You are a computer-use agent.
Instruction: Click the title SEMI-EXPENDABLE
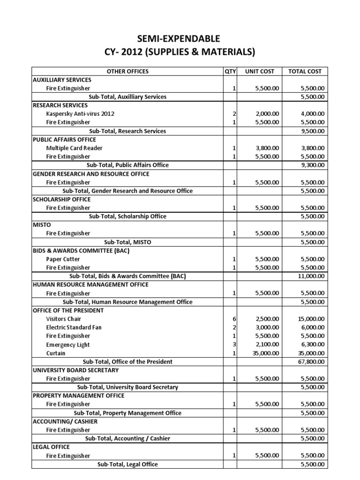click(180, 38)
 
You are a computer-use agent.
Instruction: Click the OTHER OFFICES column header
click(127, 71)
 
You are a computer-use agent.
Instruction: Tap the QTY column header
click(230, 71)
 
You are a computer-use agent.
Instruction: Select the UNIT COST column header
click(260, 71)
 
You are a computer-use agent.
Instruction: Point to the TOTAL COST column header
click(305, 71)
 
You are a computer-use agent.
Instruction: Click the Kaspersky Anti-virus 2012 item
click(80, 114)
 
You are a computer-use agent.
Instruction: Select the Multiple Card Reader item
click(74, 148)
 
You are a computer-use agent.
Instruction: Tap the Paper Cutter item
click(63, 259)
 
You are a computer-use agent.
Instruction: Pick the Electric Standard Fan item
click(74, 327)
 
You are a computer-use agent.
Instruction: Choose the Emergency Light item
click(68, 345)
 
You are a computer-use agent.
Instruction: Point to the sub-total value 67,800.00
click(314, 361)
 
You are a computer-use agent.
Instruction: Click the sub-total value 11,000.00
click(314, 276)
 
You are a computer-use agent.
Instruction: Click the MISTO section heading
click(42, 225)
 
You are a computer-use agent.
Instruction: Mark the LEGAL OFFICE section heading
click(51, 447)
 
